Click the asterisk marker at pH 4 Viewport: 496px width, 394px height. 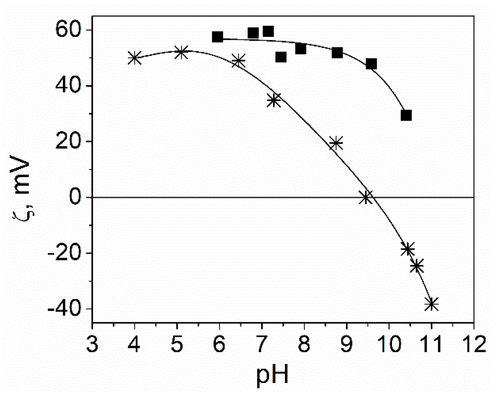pos(134,58)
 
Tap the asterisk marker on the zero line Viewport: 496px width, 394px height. pos(366,197)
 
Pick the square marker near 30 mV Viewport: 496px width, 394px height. pos(406,115)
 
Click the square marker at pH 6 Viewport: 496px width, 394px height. pos(217,37)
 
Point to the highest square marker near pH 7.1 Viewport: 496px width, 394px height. pos(268,31)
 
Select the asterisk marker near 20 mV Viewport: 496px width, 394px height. pos(336,143)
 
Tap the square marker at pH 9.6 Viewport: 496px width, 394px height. pos(371,64)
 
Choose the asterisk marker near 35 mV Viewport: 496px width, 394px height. pos(274,100)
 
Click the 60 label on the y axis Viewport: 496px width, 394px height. pos(69,30)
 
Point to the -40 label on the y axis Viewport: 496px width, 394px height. pos(63,309)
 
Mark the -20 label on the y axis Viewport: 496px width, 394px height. pos(63,253)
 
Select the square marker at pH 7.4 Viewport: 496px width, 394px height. pos(281,57)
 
